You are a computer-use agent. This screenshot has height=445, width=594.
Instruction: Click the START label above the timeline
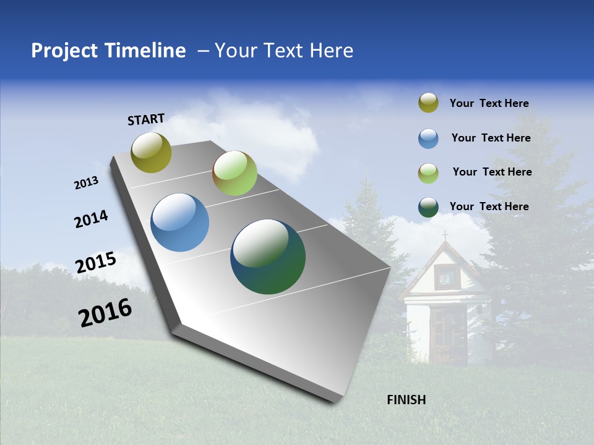146,119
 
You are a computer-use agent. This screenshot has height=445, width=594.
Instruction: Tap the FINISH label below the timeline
407,400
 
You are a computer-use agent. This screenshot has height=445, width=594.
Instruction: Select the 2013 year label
86,183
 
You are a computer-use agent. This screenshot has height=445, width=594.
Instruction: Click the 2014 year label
91,219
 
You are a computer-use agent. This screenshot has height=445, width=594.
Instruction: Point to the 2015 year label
96,263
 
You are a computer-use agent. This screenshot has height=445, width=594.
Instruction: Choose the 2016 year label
105,313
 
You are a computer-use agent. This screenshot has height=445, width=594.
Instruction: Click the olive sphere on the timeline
152,152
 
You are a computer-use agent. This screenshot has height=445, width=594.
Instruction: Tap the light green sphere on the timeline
235,173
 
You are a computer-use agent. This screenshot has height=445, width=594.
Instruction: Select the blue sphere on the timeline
180,222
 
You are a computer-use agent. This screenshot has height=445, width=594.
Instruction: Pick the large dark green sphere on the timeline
268,256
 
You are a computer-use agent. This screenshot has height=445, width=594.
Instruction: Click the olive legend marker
428,103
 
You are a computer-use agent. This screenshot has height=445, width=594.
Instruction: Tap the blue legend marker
428,138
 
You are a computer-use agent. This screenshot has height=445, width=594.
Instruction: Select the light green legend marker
428,173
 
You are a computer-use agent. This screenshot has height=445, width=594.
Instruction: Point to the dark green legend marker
428,207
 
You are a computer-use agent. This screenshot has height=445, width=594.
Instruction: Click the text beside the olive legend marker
489,103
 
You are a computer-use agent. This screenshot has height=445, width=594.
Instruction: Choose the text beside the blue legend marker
491,138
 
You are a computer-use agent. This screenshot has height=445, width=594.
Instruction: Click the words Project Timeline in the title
108,51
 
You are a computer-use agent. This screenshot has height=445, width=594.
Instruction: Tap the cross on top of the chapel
444,235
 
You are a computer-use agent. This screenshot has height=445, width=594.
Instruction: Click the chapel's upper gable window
445,276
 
